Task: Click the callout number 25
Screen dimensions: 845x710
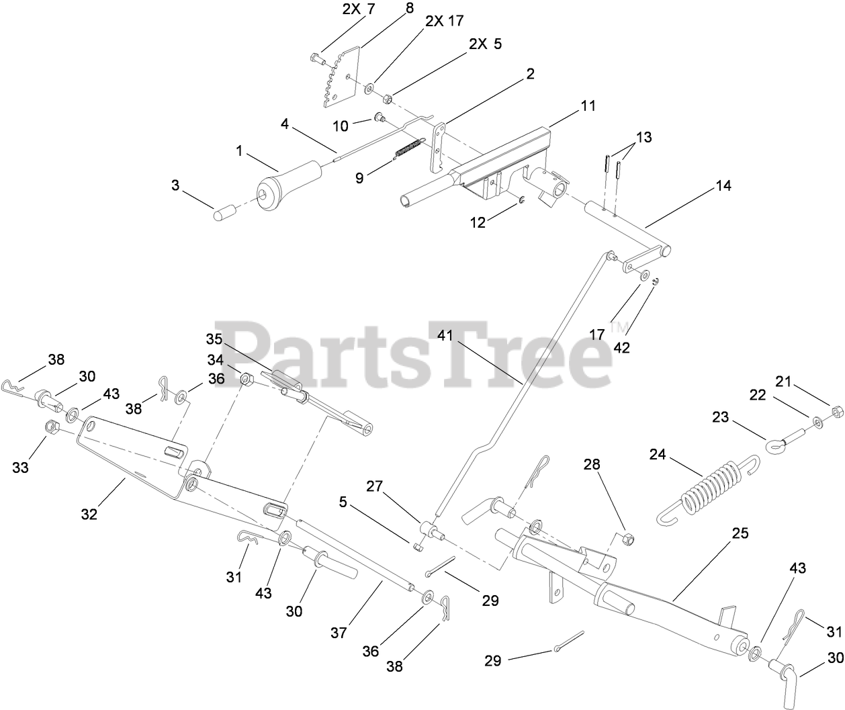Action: (740, 533)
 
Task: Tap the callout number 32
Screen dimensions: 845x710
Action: (89, 514)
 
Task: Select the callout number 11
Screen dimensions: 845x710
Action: (588, 106)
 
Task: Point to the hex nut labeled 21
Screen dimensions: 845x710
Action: (837, 409)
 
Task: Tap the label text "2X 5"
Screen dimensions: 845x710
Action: (485, 44)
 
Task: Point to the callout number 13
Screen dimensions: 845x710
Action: (643, 137)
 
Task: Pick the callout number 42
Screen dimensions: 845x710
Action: (622, 349)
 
